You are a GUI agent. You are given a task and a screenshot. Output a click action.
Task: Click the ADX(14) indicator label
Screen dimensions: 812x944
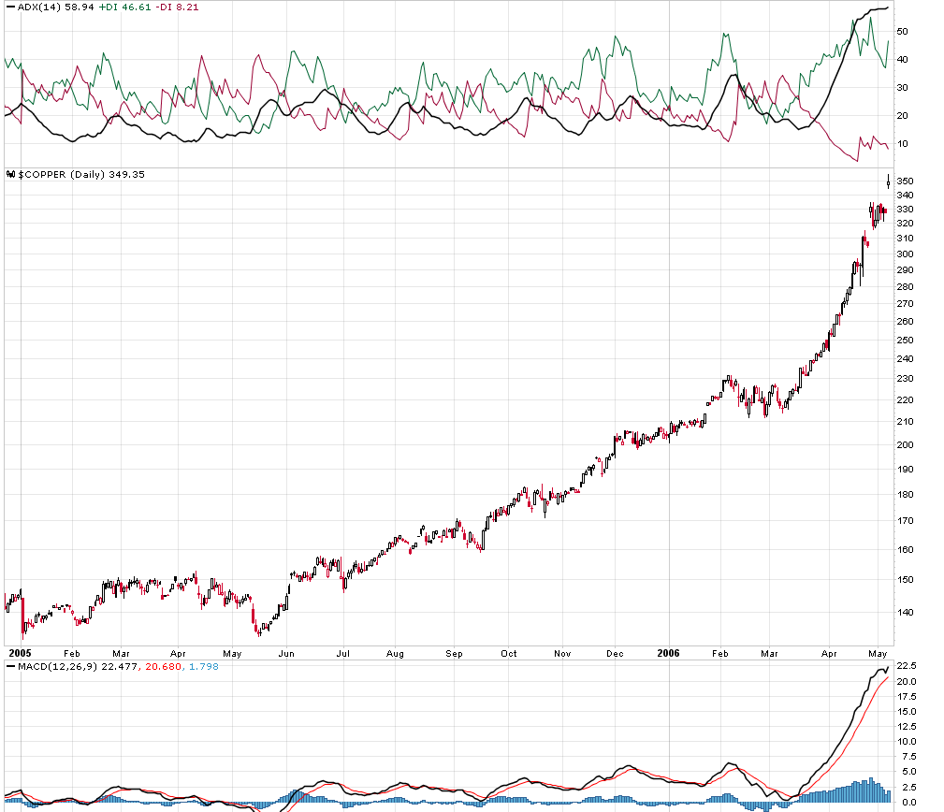pos(37,7)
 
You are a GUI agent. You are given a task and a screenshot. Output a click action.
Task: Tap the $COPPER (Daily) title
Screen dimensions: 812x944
pos(56,175)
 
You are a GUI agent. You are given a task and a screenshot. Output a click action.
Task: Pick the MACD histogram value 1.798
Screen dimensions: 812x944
pos(177,665)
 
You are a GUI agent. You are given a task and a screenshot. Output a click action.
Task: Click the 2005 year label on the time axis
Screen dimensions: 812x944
pos(20,653)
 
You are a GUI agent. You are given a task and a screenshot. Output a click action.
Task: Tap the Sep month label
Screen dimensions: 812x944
pos(455,653)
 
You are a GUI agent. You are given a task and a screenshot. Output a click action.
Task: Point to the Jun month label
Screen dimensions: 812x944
pos(286,653)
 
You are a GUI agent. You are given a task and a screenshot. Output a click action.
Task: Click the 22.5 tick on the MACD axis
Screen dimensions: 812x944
pos(908,666)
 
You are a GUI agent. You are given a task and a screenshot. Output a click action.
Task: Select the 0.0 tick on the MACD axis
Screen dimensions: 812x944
pos(908,803)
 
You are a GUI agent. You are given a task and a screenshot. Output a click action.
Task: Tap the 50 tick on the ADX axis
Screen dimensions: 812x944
pos(904,31)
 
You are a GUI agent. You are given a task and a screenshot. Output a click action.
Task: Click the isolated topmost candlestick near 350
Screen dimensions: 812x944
pos(888,181)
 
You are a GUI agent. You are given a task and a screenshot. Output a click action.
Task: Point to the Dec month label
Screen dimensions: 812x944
pos(615,653)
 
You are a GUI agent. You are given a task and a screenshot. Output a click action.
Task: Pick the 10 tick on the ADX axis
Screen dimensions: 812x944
pos(904,144)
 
